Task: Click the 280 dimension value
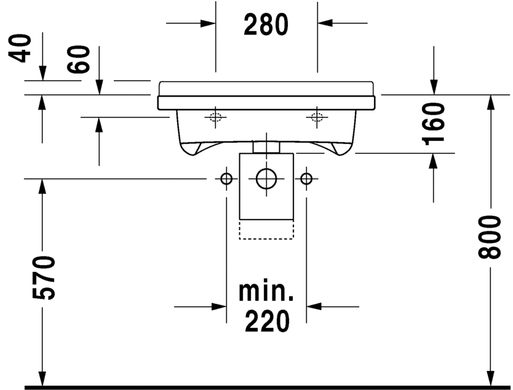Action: [x=266, y=25]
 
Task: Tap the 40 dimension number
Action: [x=20, y=48]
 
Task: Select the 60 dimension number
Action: [x=78, y=59]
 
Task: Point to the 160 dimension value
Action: [x=433, y=124]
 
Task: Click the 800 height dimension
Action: [x=490, y=237]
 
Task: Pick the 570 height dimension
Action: [x=44, y=277]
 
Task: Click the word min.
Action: [x=266, y=291]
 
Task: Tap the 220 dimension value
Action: [x=267, y=321]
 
